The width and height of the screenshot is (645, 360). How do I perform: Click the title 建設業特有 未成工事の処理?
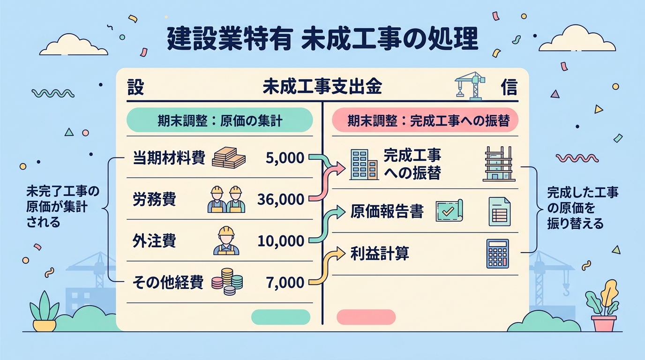[x=322, y=39]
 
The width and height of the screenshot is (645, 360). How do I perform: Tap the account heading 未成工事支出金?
[x=322, y=86]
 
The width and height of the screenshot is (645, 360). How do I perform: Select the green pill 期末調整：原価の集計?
[x=220, y=120]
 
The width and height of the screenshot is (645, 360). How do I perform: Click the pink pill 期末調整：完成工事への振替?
[x=425, y=120]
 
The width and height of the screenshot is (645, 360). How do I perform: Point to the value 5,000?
[x=285, y=158]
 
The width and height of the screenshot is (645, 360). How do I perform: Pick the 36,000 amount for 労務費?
[x=281, y=199]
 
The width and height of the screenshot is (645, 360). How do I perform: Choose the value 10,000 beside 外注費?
[x=281, y=241]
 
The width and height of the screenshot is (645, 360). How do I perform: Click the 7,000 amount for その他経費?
[x=285, y=283]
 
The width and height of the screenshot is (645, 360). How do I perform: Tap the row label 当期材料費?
[x=169, y=158]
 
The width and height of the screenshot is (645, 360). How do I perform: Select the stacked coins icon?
[x=227, y=282]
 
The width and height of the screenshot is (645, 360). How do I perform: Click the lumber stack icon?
[x=229, y=157]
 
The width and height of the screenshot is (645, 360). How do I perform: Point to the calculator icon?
[x=497, y=254]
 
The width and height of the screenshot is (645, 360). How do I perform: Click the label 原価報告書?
[x=387, y=212]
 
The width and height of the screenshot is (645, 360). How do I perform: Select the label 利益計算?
[x=380, y=254]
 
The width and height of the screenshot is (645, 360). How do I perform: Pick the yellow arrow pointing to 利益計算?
[x=327, y=266]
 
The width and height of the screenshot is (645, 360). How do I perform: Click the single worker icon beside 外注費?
[x=226, y=240]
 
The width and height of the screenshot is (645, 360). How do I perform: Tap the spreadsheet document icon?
[x=500, y=211]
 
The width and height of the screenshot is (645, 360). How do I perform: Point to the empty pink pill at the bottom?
[x=366, y=317]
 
